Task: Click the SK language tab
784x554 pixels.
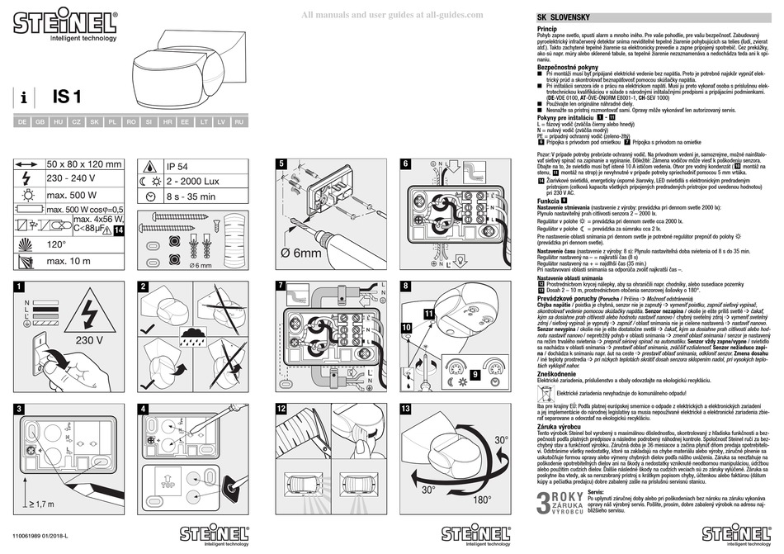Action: coord(94,121)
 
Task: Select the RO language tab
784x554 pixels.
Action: coord(130,121)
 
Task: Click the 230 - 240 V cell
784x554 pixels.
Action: coord(72,180)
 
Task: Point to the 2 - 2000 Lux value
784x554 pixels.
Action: coord(192,180)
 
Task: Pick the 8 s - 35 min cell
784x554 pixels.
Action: coord(191,197)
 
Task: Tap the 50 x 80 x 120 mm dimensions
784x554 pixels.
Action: coord(84,164)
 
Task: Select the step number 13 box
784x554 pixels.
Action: coord(404,410)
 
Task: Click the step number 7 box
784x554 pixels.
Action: coord(281,286)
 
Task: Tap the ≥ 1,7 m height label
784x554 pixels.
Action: coord(43,504)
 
